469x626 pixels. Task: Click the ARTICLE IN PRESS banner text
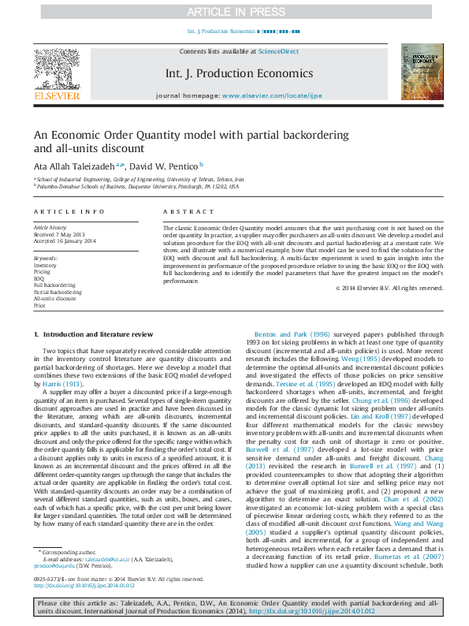234,11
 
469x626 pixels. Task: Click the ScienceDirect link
279,51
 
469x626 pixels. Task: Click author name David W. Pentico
165,166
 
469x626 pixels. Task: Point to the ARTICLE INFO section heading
69,212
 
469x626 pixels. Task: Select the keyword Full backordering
54,285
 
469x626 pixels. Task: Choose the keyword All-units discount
54,299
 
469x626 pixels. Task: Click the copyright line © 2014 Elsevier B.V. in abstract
388,288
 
